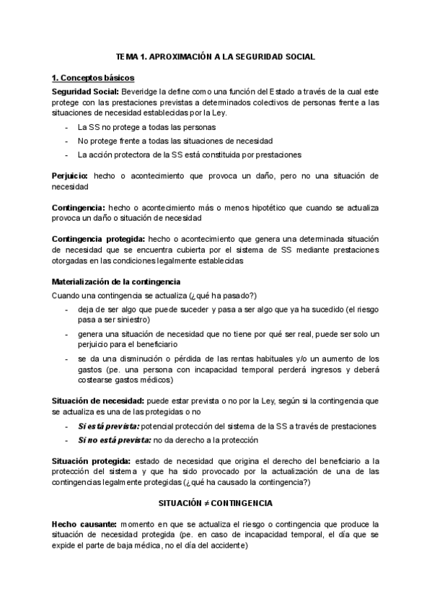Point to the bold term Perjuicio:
(x=70, y=175)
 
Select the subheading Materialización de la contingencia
(x=115, y=281)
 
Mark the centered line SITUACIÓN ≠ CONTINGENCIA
(x=216, y=501)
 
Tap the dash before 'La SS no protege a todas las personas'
(x=66, y=126)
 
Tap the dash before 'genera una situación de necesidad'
(x=66, y=335)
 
